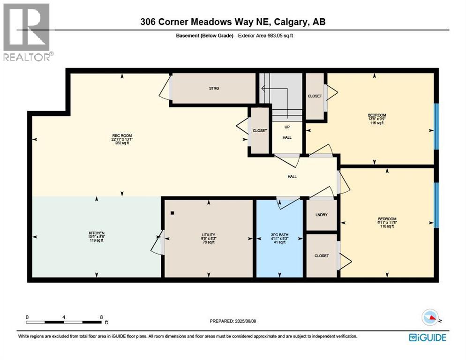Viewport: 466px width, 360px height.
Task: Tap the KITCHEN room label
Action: pos(97,233)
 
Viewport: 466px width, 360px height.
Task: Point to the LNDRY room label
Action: pos(322,214)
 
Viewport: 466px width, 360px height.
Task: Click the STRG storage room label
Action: pos(214,88)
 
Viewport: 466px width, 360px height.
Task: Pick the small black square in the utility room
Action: pos(173,213)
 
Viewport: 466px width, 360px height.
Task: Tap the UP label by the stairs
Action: pos(287,127)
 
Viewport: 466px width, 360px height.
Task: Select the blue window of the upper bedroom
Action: pos(436,126)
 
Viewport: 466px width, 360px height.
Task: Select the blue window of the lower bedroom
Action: pos(436,205)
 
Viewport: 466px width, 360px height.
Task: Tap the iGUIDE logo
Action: pos(427,337)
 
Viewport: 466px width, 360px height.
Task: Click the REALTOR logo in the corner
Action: pos(27,31)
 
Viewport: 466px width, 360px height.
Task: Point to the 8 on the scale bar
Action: pos(101,317)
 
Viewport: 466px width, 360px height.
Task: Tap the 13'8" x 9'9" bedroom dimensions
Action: pos(376,119)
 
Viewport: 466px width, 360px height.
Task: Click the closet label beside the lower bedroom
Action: pos(322,255)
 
